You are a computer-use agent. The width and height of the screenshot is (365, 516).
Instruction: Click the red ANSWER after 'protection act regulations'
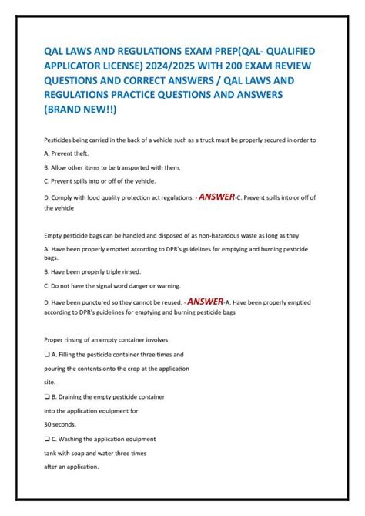click(216, 197)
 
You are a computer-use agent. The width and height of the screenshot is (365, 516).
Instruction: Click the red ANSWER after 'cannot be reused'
click(206, 301)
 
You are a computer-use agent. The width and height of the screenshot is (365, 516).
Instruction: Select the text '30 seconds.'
click(62, 424)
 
